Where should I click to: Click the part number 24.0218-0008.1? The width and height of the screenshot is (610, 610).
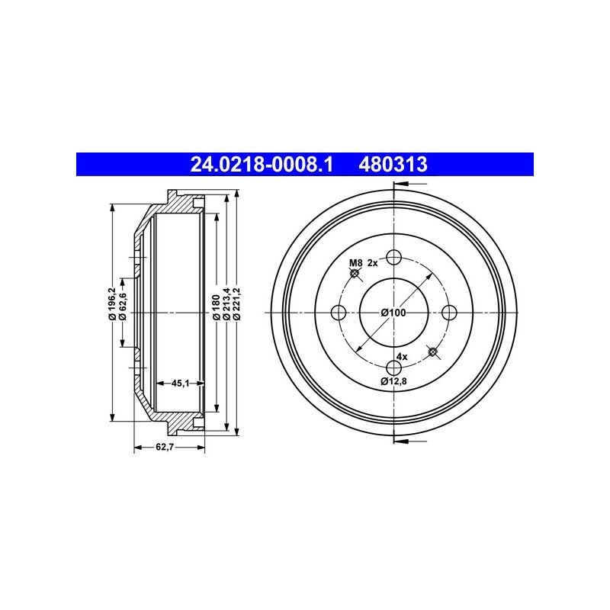click(262, 164)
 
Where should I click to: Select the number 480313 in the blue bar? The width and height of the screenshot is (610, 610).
click(393, 164)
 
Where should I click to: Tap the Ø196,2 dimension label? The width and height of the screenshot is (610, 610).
click(113, 303)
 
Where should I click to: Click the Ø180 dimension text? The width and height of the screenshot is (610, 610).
click(217, 307)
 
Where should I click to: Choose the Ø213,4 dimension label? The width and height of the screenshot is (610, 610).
click(227, 303)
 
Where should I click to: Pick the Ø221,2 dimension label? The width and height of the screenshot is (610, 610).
click(237, 303)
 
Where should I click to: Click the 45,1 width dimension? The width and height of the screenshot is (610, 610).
click(180, 384)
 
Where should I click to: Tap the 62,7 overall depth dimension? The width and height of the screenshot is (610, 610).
click(165, 447)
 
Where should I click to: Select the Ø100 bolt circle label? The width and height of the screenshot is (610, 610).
click(393, 313)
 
